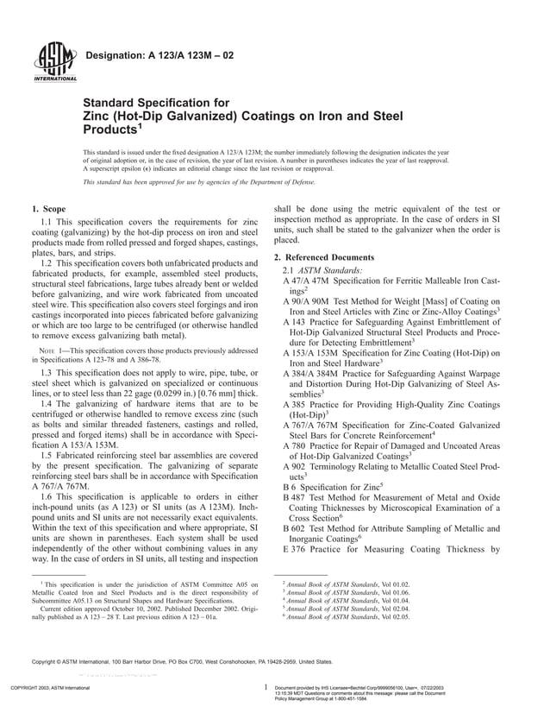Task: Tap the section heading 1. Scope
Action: [x=48, y=209]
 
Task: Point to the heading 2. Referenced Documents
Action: [x=324, y=258]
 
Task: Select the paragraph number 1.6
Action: [x=48, y=499]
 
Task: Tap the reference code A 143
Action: [x=295, y=321]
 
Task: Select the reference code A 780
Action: [x=295, y=445]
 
